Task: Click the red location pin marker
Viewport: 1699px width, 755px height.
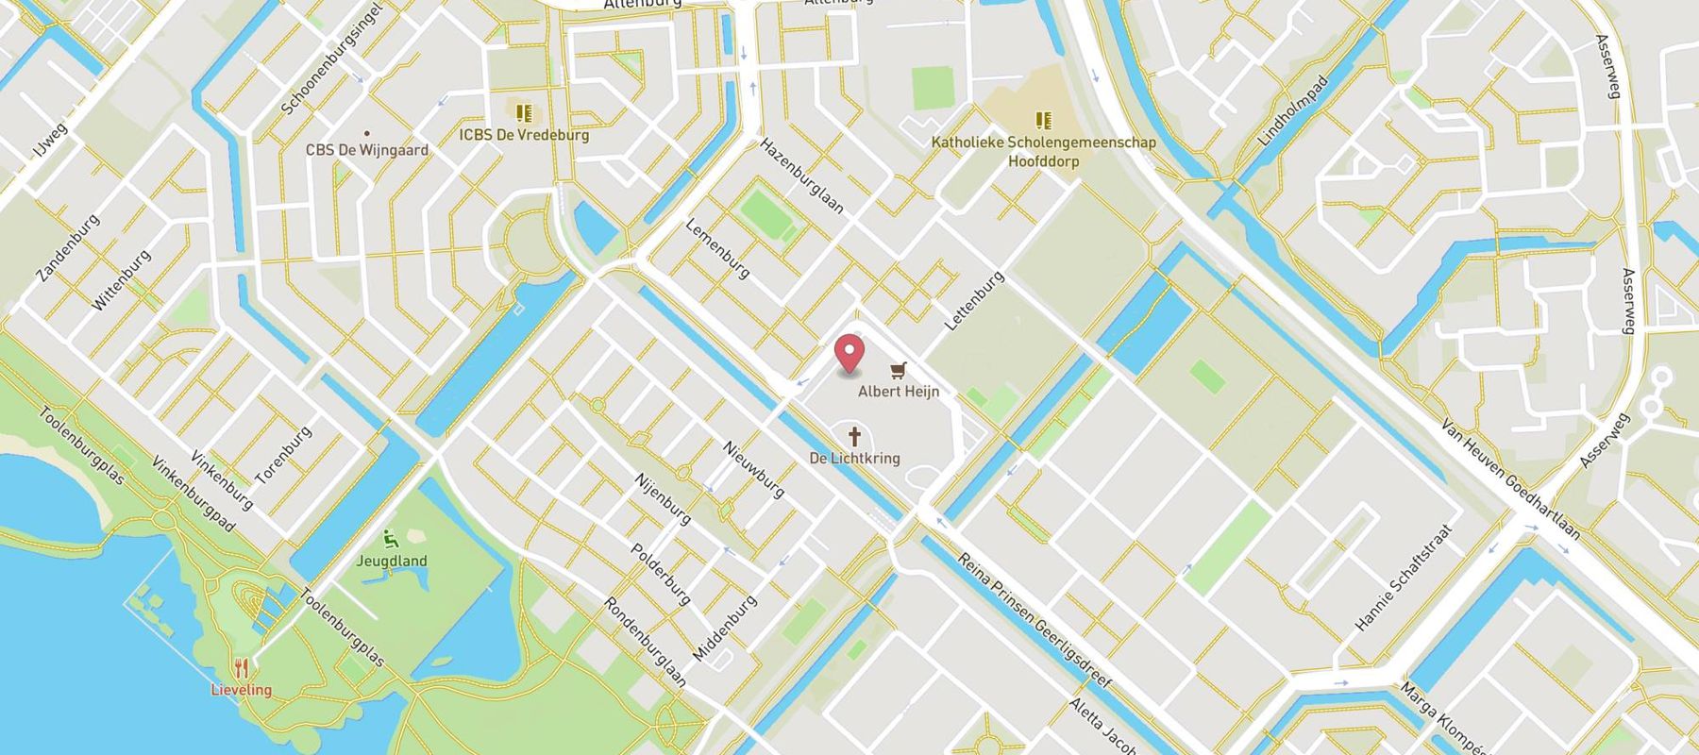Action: click(850, 353)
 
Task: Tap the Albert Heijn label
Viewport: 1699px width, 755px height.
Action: click(899, 391)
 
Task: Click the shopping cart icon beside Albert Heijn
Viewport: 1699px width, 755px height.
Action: click(899, 369)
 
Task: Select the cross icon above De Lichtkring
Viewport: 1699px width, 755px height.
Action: click(855, 436)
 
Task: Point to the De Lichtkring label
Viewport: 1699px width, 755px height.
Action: click(855, 458)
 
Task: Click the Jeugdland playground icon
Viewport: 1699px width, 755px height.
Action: click(391, 540)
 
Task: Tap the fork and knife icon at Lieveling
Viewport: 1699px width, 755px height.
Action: click(242, 668)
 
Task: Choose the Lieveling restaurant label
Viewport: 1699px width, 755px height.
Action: click(242, 690)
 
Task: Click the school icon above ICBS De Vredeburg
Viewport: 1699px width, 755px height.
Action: click(524, 113)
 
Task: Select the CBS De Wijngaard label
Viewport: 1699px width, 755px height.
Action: click(367, 150)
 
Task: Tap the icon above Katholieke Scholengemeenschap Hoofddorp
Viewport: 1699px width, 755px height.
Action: click(1043, 120)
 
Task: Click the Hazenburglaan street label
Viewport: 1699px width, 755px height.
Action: click(802, 176)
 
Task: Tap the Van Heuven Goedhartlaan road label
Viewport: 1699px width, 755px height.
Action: click(1510, 480)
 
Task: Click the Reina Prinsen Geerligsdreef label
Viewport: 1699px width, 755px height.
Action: click(1035, 621)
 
